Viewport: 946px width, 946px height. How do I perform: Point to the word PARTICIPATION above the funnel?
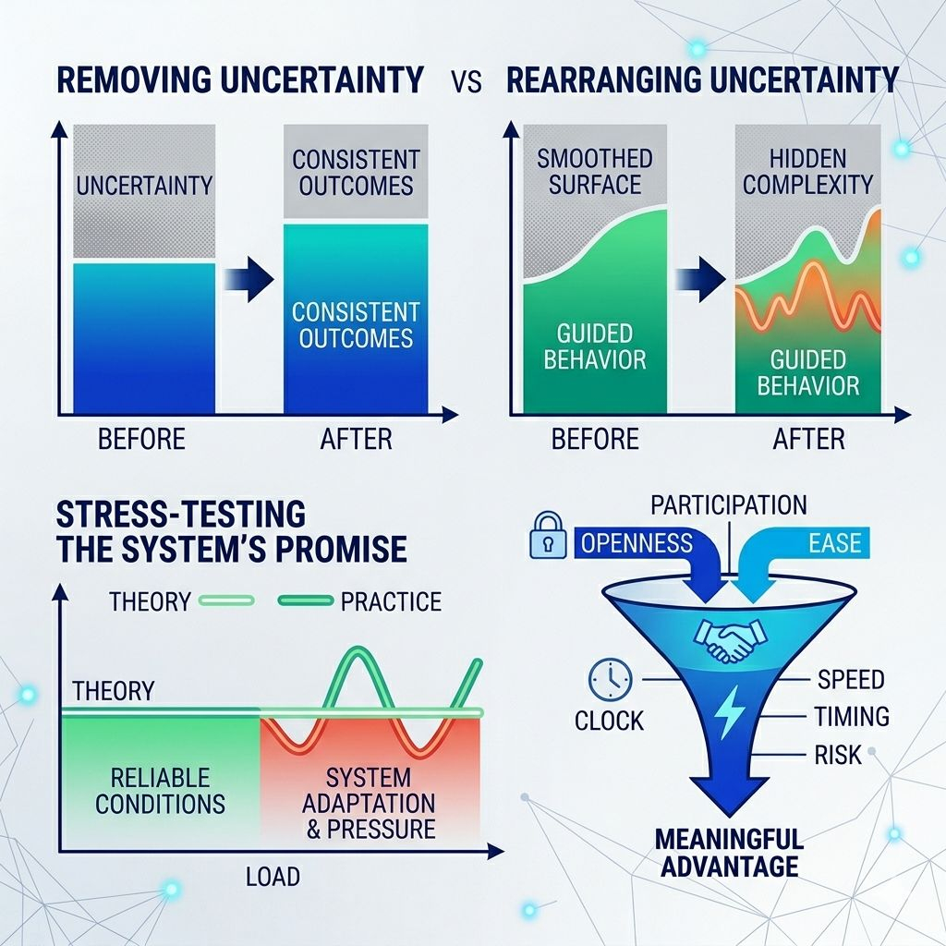pyautogui.click(x=728, y=505)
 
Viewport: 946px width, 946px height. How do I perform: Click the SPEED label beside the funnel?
pyautogui.click(x=851, y=680)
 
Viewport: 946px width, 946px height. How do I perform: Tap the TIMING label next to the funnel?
pyautogui.click(x=851, y=717)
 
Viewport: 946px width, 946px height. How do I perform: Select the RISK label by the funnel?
pyautogui.click(x=838, y=755)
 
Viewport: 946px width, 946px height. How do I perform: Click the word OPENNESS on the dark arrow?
pyautogui.click(x=636, y=542)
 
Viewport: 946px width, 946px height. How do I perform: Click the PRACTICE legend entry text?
pyautogui.click(x=391, y=602)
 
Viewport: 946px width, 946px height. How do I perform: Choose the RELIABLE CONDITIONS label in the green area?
pyautogui.click(x=160, y=790)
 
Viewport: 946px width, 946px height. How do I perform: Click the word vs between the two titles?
pyautogui.click(x=467, y=81)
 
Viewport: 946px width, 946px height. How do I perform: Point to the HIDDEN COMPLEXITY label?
pyautogui.click(x=808, y=171)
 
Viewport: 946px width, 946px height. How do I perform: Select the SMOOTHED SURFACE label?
pyautogui.click(x=595, y=171)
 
